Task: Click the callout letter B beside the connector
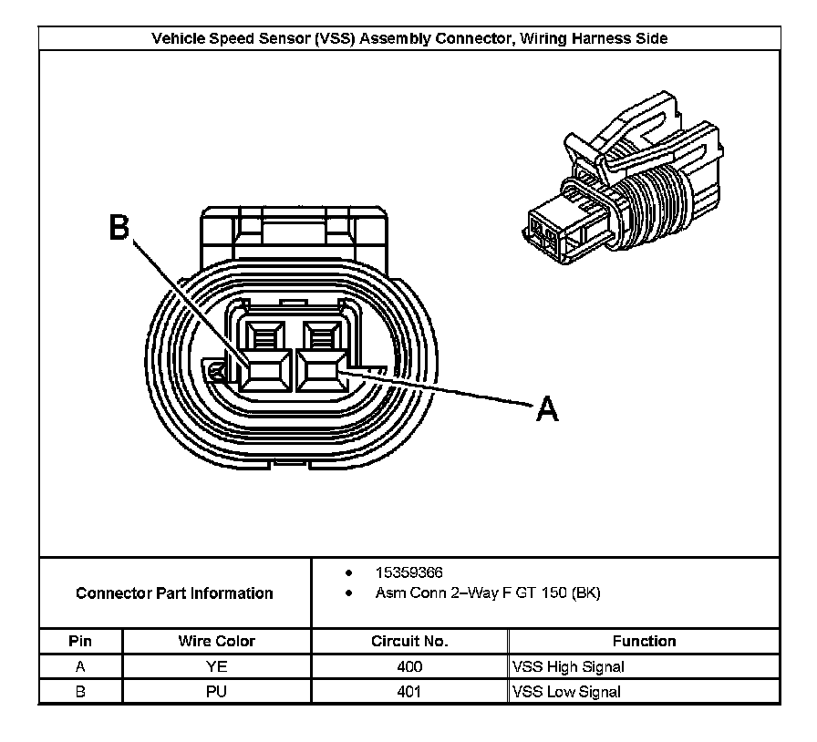119,228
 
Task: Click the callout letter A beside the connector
546,410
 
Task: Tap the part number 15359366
409,572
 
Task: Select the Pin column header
80,641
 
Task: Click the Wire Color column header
217,641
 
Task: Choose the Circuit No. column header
409,641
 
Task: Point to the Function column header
644,641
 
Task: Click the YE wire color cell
217,666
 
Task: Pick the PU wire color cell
217,692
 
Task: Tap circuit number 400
409,666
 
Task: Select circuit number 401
409,692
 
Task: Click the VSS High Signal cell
569,666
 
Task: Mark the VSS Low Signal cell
567,692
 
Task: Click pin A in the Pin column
80,666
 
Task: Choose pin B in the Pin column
80,692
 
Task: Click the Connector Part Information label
174,593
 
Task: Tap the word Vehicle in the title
179,38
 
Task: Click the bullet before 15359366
349,573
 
